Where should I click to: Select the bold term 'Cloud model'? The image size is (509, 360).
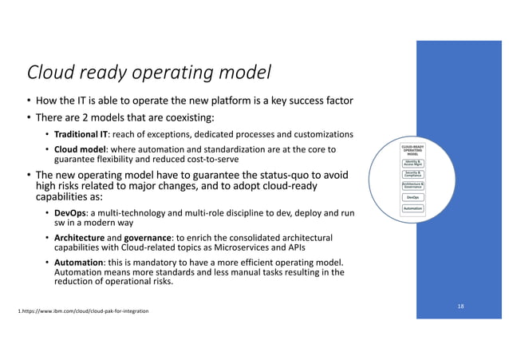point(79,149)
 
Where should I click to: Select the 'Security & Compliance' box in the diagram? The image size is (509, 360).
point(413,174)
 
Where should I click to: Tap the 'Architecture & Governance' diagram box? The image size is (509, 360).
point(413,185)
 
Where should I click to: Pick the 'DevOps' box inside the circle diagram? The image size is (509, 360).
point(413,197)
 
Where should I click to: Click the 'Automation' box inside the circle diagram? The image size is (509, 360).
point(413,208)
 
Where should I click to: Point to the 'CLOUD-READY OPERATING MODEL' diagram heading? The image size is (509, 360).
point(413,150)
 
